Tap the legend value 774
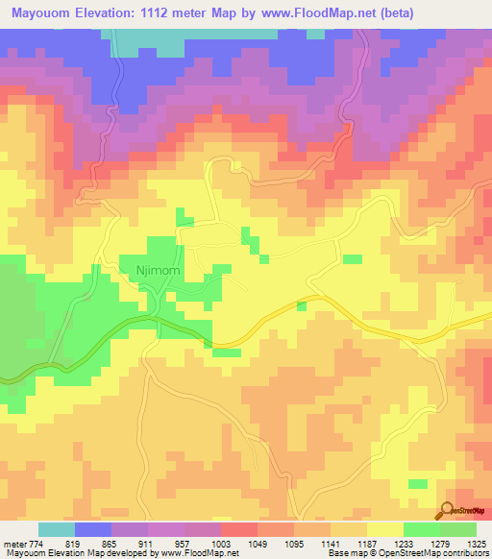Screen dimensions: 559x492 tap(36, 542)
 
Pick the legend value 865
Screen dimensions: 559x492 tap(109, 542)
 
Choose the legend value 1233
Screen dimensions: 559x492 tap(402, 542)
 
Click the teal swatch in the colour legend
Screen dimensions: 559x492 tap(57, 529)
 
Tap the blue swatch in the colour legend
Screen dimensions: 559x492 tap(93, 529)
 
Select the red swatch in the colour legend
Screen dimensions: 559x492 tap(239, 529)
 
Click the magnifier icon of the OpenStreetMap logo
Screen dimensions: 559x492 tap(447, 509)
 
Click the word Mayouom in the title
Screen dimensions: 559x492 tap(39, 14)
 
